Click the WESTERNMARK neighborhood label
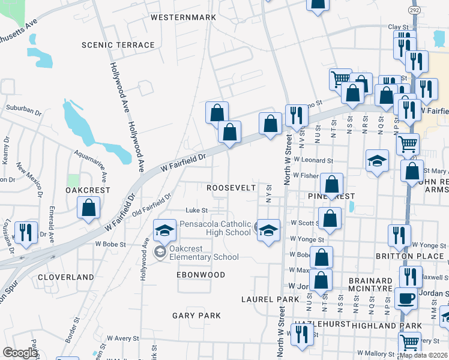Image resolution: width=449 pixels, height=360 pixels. (x=183, y=17)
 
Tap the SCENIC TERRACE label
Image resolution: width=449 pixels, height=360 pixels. (x=118, y=45)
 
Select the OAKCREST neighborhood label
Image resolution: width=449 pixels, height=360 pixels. (x=88, y=190)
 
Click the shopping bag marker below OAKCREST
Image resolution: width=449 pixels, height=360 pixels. (x=89, y=208)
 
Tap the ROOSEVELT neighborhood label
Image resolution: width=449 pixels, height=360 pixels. (x=231, y=188)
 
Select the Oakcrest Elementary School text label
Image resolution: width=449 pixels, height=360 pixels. (x=203, y=253)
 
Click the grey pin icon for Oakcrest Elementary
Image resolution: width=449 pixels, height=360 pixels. (x=160, y=252)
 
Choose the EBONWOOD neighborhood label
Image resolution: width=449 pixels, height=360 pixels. (x=200, y=275)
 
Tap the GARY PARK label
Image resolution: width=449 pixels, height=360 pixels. (x=196, y=315)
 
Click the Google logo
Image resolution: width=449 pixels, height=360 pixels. (x=20, y=353)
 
